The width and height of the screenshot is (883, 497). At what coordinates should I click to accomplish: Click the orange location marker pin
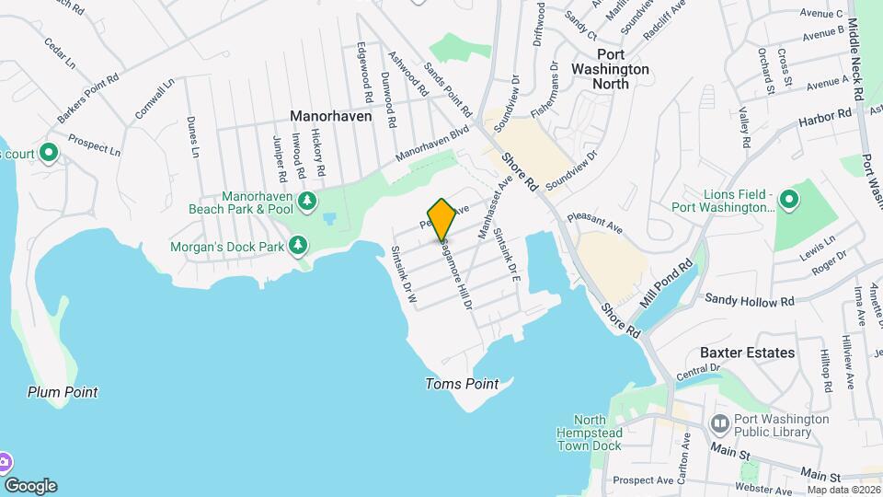pyautogui.click(x=441, y=219)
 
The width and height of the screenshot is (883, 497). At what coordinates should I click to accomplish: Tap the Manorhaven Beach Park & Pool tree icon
pyautogui.click(x=308, y=202)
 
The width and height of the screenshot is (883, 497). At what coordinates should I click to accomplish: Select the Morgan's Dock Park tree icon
pyautogui.click(x=297, y=245)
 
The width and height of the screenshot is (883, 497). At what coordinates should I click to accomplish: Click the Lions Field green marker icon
pyautogui.click(x=788, y=199)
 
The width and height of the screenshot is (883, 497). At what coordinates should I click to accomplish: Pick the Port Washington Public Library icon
pyautogui.click(x=720, y=424)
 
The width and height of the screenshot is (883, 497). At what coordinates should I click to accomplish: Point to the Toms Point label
pyautogui.click(x=462, y=384)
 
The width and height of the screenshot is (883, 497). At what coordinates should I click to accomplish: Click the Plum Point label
pyautogui.click(x=63, y=392)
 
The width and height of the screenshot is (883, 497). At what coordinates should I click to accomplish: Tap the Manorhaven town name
pyautogui.click(x=330, y=117)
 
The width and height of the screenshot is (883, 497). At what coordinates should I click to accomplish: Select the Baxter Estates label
pyautogui.click(x=747, y=353)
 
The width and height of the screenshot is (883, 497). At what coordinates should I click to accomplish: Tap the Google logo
pyautogui.click(x=30, y=486)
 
